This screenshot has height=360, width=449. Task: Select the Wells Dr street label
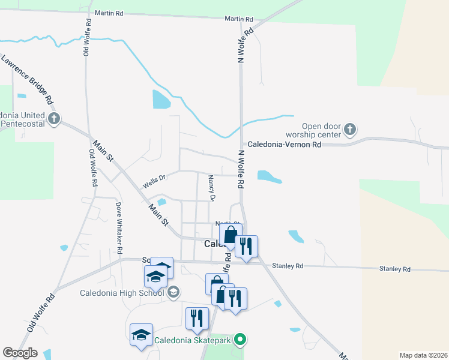(153, 177)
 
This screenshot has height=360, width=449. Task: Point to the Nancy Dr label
(211, 187)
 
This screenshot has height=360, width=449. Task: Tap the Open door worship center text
(321, 130)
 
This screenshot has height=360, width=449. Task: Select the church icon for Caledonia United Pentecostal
(54, 118)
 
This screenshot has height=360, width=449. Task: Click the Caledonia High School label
(122, 293)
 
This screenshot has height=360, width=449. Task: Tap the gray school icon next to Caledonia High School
(173, 292)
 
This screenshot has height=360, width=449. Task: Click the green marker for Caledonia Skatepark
(241, 340)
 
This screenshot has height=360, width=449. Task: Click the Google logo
(20, 352)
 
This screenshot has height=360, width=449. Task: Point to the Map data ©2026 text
(423, 355)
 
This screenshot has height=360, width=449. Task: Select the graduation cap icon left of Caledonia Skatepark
(142, 334)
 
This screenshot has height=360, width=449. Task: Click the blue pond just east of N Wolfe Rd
(268, 176)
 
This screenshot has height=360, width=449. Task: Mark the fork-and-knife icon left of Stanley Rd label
(246, 246)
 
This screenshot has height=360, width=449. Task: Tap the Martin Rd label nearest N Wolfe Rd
(239, 19)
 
